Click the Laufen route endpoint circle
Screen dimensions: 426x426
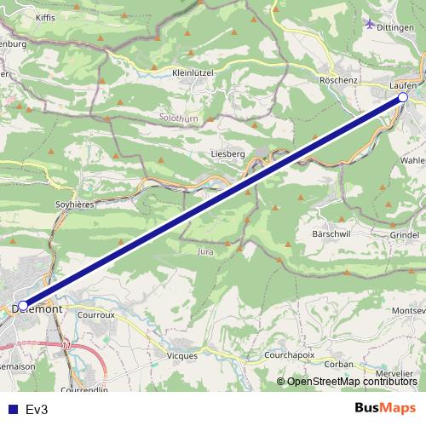403,98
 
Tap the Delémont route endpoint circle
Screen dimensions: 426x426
23,305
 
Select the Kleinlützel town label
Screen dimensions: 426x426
192,73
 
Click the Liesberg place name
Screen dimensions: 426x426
227,153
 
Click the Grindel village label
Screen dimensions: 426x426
404,234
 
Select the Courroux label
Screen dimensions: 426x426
95,314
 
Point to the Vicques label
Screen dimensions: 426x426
182,355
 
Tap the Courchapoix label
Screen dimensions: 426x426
290,355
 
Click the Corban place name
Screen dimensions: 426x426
338,364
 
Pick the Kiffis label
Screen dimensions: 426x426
46,17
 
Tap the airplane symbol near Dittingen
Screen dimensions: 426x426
369,23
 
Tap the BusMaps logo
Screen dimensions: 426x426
385,408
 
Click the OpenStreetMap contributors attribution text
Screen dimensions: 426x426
352,381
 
